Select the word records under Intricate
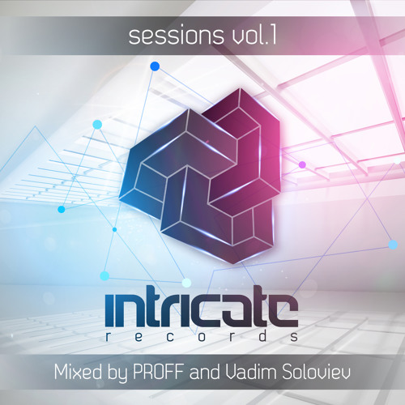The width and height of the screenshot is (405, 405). [x=202, y=335]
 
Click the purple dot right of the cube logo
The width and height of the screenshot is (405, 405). [x=302, y=164]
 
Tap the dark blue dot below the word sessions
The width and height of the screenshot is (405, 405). [x=155, y=66]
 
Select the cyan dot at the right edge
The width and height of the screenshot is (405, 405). [x=393, y=244]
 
